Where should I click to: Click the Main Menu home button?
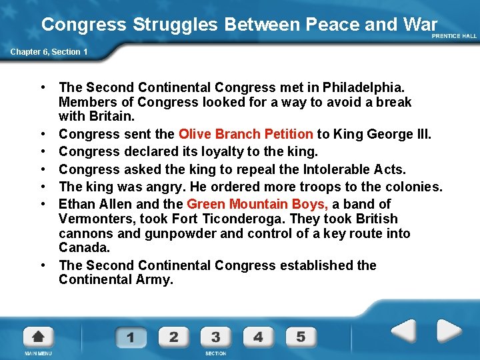point(39,337)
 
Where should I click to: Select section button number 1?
point(130,337)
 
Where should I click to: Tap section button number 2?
point(173,337)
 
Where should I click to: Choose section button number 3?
point(215,337)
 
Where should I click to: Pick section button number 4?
point(258,337)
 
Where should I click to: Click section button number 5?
point(301,337)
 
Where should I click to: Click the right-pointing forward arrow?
point(449,331)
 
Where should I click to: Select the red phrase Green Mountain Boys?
point(257,204)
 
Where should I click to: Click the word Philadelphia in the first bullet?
point(364,87)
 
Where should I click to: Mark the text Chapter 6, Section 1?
point(48,51)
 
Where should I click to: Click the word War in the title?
point(421,25)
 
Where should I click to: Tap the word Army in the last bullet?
point(153,279)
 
